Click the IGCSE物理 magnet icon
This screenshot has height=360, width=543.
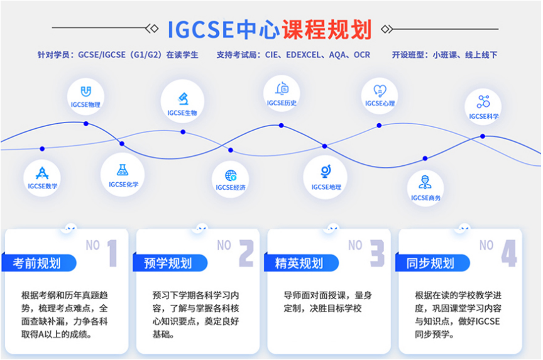[85, 92]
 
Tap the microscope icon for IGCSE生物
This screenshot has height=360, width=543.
[183, 99]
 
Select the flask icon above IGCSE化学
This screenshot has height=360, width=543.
[123, 170]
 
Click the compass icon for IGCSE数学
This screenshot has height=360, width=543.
[42, 173]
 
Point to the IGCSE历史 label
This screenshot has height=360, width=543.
[282, 103]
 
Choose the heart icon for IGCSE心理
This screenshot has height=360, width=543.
[380, 91]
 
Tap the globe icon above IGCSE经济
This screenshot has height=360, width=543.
[231, 175]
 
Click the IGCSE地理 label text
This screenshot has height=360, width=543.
[326, 187]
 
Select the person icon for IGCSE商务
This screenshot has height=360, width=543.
[425, 182]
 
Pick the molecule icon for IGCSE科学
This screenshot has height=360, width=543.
[483, 102]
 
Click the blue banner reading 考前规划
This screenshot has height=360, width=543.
[39, 263]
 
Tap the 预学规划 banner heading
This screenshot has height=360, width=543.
[170, 263]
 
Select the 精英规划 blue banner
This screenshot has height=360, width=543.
[301, 263]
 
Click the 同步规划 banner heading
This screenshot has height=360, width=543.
[432, 263]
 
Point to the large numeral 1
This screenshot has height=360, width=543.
[112, 253]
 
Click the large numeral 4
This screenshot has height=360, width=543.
[509, 253]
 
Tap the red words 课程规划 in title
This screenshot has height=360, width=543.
[327, 30]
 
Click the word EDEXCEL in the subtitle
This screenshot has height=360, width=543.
[304, 55]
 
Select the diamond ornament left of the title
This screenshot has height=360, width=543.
[152, 28]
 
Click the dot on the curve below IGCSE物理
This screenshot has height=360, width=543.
[86, 124]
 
